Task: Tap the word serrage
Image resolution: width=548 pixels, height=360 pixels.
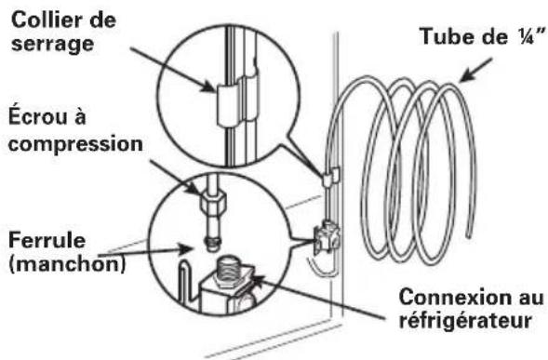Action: pos(52,45)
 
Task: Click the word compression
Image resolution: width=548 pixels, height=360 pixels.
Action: pos(75,144)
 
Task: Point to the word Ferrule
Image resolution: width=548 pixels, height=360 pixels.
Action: pos(47,240)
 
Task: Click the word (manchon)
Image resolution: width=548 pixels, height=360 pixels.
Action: pos(67,264)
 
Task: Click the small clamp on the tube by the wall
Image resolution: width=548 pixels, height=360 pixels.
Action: pos(330,177)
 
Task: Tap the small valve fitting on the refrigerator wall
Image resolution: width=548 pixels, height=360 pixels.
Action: pos(326,236)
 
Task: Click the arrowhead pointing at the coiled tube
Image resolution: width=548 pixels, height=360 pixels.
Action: pos(465,76)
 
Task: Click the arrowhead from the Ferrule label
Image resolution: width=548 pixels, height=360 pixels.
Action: pos(186,249)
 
